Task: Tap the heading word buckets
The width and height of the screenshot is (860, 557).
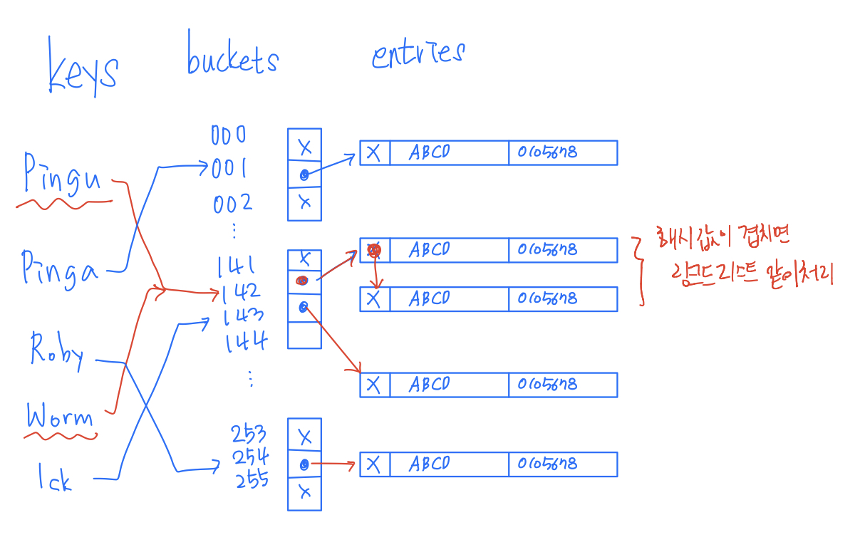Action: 232,55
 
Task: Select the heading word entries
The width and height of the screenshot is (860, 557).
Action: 418,54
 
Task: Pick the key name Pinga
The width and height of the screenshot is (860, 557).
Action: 60,269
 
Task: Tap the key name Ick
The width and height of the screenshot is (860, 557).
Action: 56,478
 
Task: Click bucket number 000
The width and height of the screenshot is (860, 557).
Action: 228,135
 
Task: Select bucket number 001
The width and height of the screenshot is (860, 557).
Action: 229,169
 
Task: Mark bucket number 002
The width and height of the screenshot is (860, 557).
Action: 232,204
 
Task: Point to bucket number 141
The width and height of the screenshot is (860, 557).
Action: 237,267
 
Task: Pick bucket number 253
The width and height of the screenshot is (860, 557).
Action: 249,433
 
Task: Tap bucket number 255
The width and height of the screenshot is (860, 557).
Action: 252,479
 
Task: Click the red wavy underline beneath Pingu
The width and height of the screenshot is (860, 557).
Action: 64,205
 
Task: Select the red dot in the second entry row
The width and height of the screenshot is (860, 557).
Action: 374,250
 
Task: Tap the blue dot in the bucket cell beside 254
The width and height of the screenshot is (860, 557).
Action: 304,464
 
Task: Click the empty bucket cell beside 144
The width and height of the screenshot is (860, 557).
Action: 304,335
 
